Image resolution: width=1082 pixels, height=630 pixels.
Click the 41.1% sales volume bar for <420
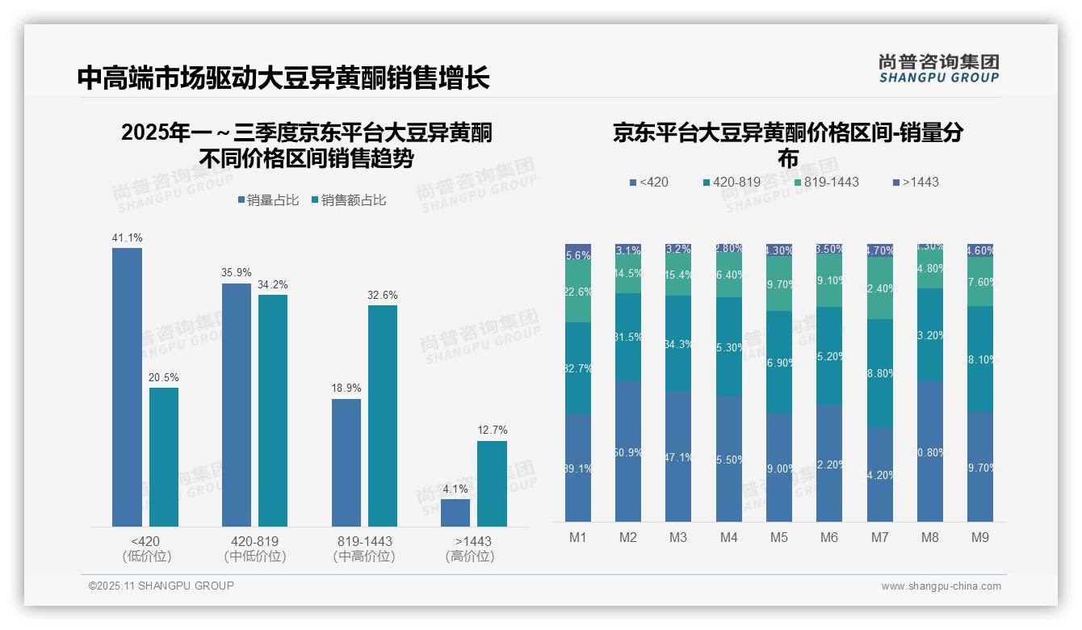pyautogui.click(x=127, y=388)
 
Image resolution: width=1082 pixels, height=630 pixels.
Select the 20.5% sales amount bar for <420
pyautogui.click(x=164, y=457)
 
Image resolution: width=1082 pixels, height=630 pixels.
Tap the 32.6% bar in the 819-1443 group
pyautogui.click(x=383, y=416)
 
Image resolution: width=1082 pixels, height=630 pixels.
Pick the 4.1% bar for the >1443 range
pyautogui.click(x=455, y=513)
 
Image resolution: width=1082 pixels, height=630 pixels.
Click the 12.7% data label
pyautogui.click(x=493, y=430)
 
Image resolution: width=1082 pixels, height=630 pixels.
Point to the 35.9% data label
pyautogui.click(x=237, y=273)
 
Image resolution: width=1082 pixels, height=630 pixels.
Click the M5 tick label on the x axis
pyautogui.click(x=778, y=538)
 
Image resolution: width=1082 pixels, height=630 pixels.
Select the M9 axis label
pyautogui.click(x=979, y=538)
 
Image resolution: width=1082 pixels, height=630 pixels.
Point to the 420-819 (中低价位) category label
pyautogui.click(x=255, y=548)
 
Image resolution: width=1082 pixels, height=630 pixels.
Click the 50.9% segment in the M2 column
pyautogui.click(x=628, y=451)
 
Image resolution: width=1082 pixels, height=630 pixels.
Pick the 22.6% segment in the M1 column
pyautogui.click(x=578, y=292)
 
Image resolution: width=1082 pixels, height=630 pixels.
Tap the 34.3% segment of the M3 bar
pyautogui.click(x=678, y=343)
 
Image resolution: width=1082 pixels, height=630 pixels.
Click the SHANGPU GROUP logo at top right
pyautogui.click(x=939, y=69)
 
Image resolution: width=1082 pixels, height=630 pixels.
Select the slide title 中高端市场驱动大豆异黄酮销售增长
pyautogui.click(x=283, y=78)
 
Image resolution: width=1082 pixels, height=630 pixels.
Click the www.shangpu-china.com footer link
pyautogui.click(x=941, y=586)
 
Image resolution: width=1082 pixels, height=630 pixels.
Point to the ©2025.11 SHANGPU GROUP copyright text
pyautogui.click(x=161, y=586)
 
